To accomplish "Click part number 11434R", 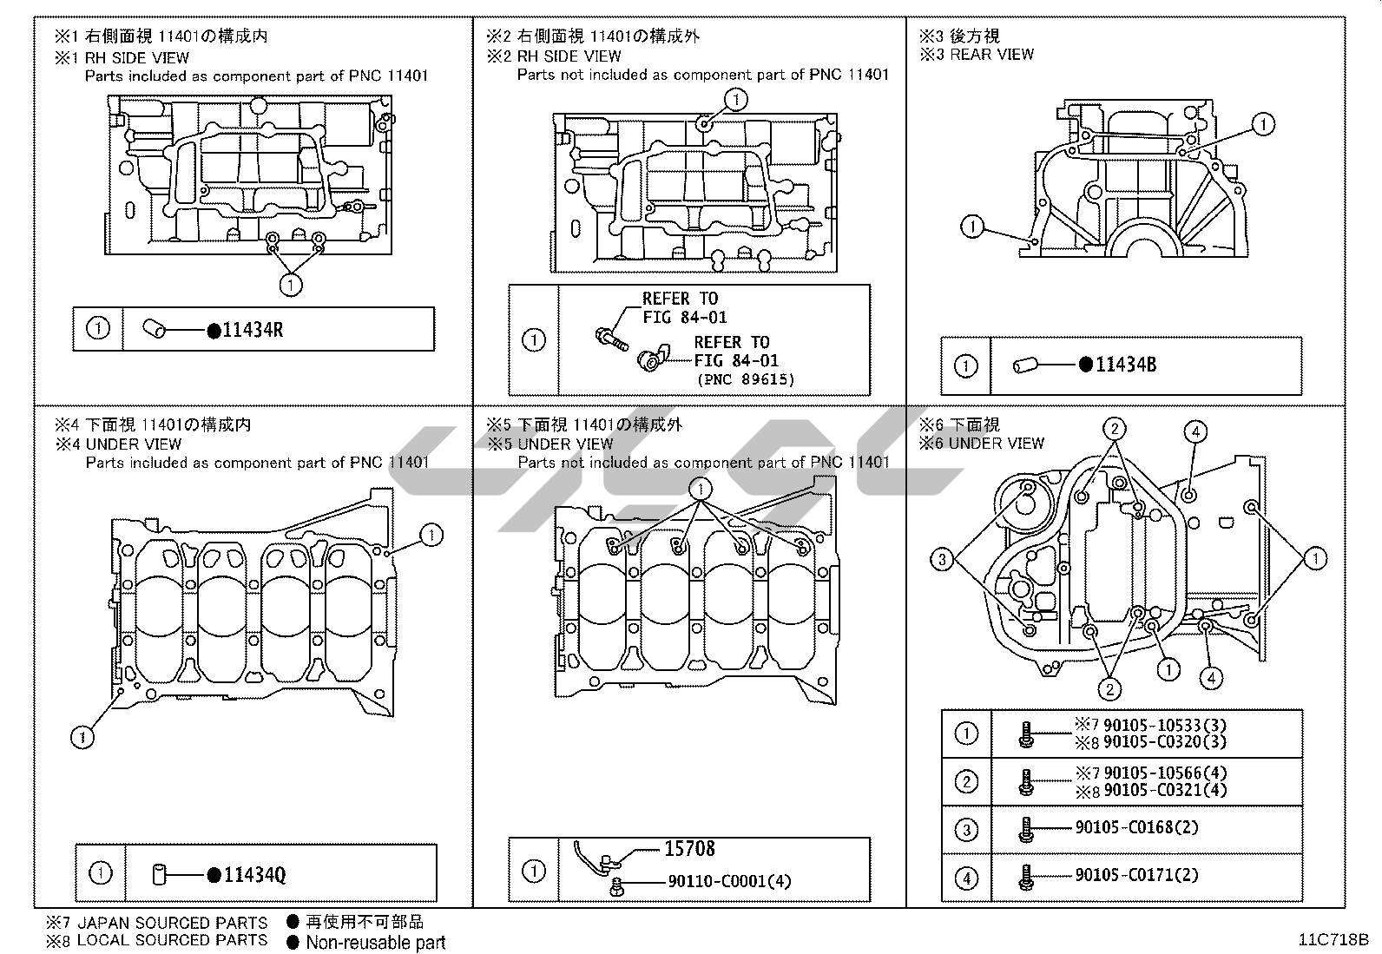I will coord(253,330).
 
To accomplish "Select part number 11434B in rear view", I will coord(1126,365).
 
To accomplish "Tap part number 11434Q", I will coord(254,875).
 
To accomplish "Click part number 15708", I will coord(689,849).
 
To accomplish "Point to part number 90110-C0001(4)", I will coord(729,881).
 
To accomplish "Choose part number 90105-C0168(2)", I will coord(1136,827).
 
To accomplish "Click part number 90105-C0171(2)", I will coord(1136,875).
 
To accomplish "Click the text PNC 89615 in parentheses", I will coord(745,378).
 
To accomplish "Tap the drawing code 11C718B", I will coord(1333,939).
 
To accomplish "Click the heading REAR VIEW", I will coord(991,55).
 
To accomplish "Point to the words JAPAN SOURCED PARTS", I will coord(172,923).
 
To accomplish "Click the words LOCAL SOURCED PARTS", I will coord(172,940).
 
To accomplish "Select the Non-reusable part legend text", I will coord(375,943).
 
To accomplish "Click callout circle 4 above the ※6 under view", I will coord(1195,431).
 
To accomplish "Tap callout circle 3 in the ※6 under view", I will coord(942,559).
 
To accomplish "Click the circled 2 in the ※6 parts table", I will coord(966,781).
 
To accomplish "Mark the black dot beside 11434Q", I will coord(214,875).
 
